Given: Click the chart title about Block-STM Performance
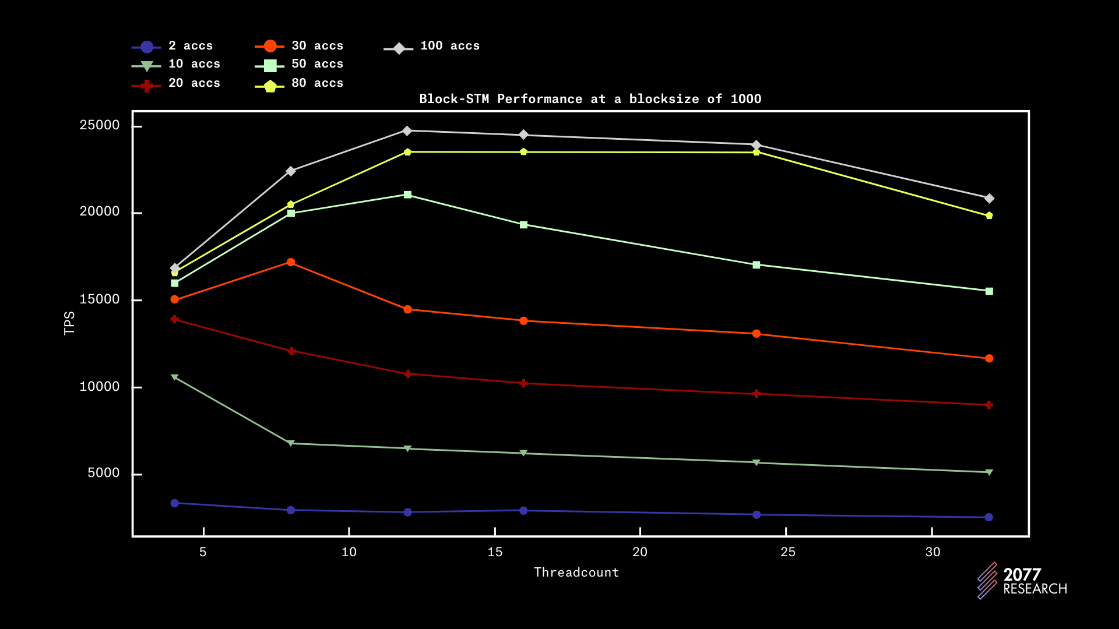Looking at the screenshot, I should [590, 99].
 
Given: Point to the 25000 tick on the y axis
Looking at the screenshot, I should [100, 125].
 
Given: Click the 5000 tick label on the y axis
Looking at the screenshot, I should [104, 473].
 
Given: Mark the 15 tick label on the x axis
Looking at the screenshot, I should [495, 552].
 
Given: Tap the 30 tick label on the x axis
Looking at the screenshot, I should [932, 552].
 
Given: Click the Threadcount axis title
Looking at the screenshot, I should [576, 573].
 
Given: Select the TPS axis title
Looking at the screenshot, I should [69, 323].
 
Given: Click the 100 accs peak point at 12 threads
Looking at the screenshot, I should [407, 130].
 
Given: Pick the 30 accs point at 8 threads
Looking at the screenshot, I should [291, 262].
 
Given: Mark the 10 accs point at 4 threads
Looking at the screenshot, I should [175, 377].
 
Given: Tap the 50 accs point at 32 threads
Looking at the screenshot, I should [989, 291].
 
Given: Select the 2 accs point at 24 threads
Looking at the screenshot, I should [756, 515].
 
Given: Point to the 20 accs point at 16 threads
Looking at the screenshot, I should [523, 383].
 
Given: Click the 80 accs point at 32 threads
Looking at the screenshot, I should [989, 215].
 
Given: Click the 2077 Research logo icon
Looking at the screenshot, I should [987, 581].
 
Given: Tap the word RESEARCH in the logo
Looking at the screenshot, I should [1035, 589].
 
